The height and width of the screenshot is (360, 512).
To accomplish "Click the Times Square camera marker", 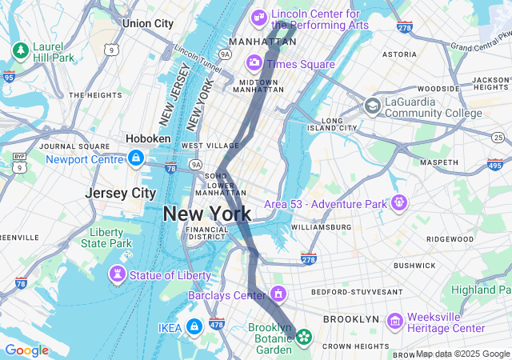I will (x=254, y=62).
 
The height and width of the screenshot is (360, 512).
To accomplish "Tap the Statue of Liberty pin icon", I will (x=118, y=275).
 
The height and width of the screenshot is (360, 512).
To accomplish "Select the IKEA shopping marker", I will (x=194, y=326).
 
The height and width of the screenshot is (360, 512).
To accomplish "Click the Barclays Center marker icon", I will (x=278, y=294).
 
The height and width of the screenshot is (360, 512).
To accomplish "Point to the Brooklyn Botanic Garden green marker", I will (x=304, y=338).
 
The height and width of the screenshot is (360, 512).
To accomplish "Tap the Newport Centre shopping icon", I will (x=135, y=158).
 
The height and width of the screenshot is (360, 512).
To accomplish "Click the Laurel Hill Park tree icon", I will (x=19, y=51).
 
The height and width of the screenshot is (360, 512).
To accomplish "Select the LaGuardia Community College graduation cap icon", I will (x=372, y=106).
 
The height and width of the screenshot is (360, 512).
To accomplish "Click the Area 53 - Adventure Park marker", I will (x=398, y=203).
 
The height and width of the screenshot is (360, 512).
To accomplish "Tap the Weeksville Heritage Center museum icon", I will (x=394, y=321).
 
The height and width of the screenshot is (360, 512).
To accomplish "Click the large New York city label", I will (x=207, y=214).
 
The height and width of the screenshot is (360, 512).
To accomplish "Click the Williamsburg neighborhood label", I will (x=321, y=227).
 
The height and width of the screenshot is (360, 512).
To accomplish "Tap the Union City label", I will (x=148, y=24).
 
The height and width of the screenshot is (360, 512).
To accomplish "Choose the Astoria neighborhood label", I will (x=399, y=54).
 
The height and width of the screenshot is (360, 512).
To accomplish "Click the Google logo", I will (x=26, y=350).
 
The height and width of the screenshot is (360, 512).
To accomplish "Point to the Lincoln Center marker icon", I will (x=259, y=17).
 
